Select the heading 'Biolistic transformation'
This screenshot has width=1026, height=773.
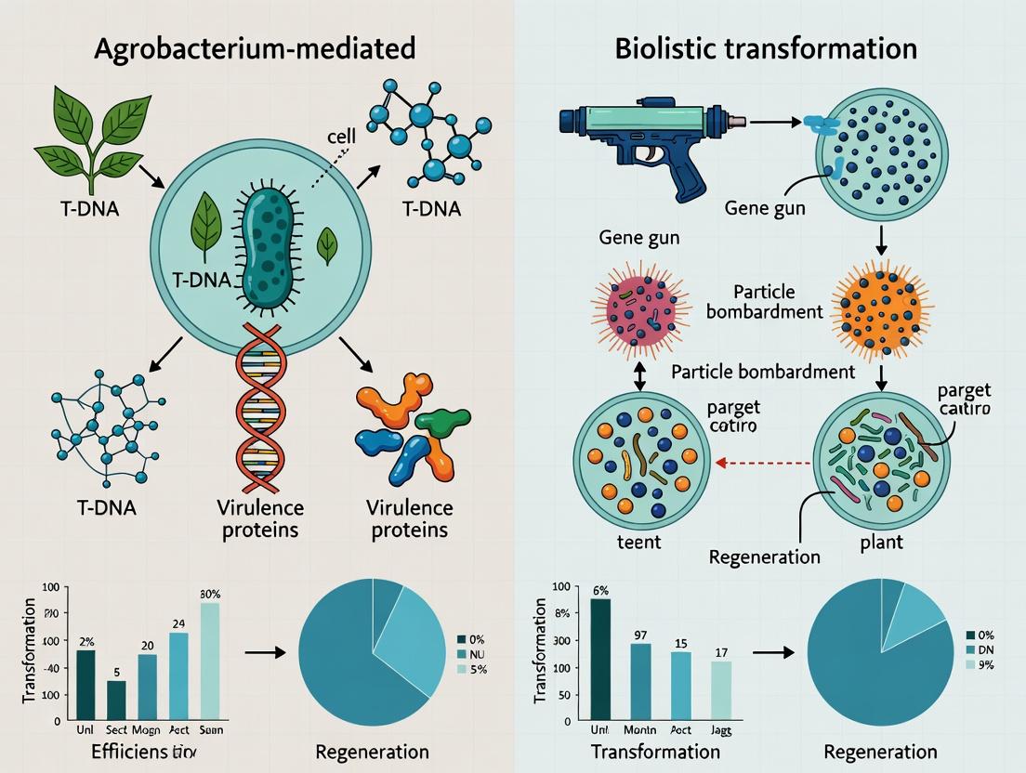[766, 48]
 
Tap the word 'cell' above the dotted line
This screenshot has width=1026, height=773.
[342, 137]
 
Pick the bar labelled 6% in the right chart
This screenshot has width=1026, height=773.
[600, 658]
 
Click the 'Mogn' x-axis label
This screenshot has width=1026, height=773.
[147, 730]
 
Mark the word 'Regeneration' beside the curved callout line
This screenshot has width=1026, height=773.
[764, 557]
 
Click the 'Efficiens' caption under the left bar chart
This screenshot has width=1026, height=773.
[125, 751]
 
